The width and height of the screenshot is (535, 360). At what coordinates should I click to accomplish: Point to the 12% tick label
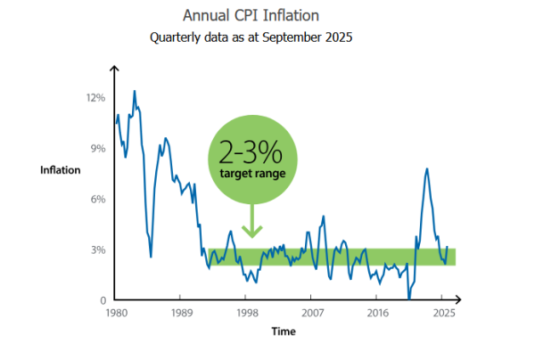95,97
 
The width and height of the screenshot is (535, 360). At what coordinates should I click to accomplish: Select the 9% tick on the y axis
98,148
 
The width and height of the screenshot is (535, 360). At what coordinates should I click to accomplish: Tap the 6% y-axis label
98,199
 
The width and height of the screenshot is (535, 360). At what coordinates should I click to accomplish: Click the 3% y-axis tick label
98,250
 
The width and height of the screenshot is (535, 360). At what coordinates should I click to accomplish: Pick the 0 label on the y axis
103,300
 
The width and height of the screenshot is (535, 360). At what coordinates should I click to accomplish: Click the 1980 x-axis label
115,314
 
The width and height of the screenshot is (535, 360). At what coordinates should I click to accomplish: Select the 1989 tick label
181,314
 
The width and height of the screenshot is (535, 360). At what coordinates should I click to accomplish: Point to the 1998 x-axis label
247,314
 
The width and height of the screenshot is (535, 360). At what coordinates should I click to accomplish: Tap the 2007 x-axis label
312,314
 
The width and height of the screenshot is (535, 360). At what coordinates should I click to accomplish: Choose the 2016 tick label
378,314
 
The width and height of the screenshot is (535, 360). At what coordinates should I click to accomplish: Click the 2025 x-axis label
444,314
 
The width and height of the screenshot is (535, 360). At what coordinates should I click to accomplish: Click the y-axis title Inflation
60,169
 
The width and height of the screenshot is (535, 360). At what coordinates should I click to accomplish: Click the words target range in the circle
252,173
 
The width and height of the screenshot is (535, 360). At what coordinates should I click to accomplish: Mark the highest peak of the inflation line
135,91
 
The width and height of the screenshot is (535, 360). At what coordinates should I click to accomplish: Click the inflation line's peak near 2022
427,168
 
